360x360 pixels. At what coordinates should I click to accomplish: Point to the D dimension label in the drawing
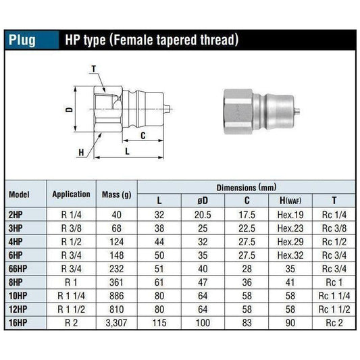[69, 109]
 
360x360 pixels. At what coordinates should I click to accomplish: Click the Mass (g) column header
[116, 194]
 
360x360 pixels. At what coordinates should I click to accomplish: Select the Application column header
[71, 194]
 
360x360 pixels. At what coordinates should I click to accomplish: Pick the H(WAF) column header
[290, 200]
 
